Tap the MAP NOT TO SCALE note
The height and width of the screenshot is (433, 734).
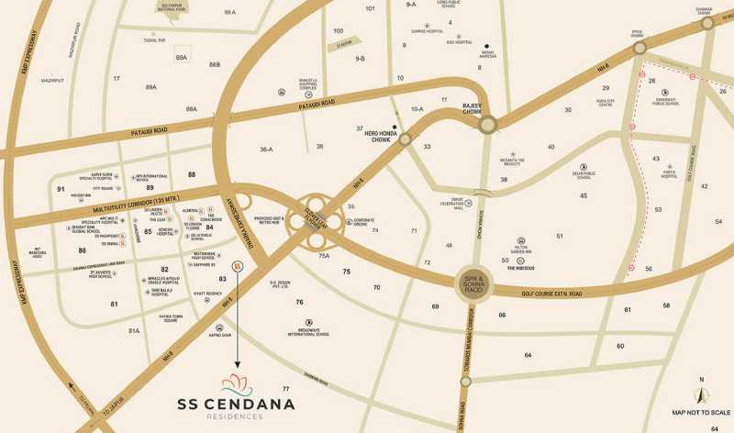tap(702, 413)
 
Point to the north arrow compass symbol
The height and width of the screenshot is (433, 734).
tap(702, 393)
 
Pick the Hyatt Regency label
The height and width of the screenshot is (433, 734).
tap(207, 294)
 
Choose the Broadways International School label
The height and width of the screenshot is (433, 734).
tap(308, 333)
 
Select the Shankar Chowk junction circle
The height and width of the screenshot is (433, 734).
tap(707, 25)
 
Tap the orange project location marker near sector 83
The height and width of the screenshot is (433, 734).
tap(237, 266)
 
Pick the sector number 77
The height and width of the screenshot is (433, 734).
tap(285, 390)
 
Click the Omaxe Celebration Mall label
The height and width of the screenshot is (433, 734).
tap(450, 203)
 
